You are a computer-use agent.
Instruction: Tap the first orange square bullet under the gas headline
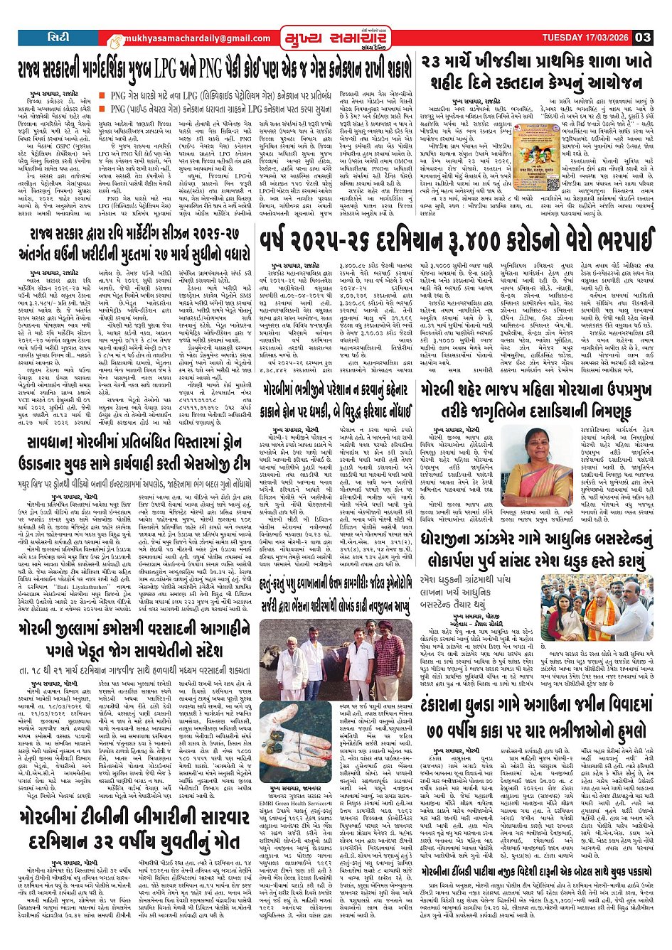(102, 95)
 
